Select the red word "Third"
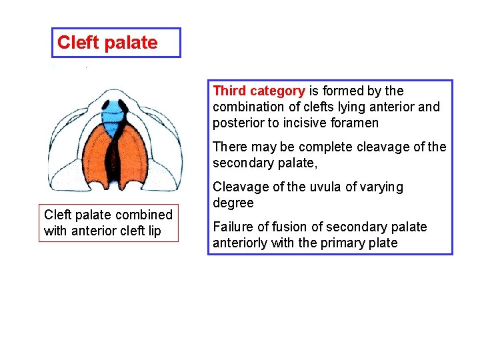229,91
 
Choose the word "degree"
233,203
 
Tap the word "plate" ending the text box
381,243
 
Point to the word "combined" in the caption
144,215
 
